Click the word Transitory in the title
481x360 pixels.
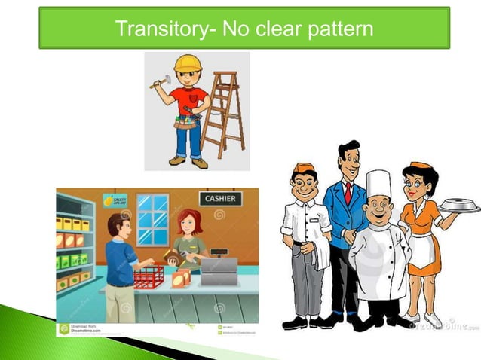(x=161, y=29)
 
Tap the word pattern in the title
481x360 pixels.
(x=336, y=29)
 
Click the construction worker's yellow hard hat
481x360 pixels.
(x=188, y=63)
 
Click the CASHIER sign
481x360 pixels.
(x=220, y=199)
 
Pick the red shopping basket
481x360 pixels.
(x=149, y=276)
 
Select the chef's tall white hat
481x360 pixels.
(x=378, y=185)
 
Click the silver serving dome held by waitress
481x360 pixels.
(x=459, y=205)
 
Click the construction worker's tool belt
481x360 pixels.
(x=188, y=121)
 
